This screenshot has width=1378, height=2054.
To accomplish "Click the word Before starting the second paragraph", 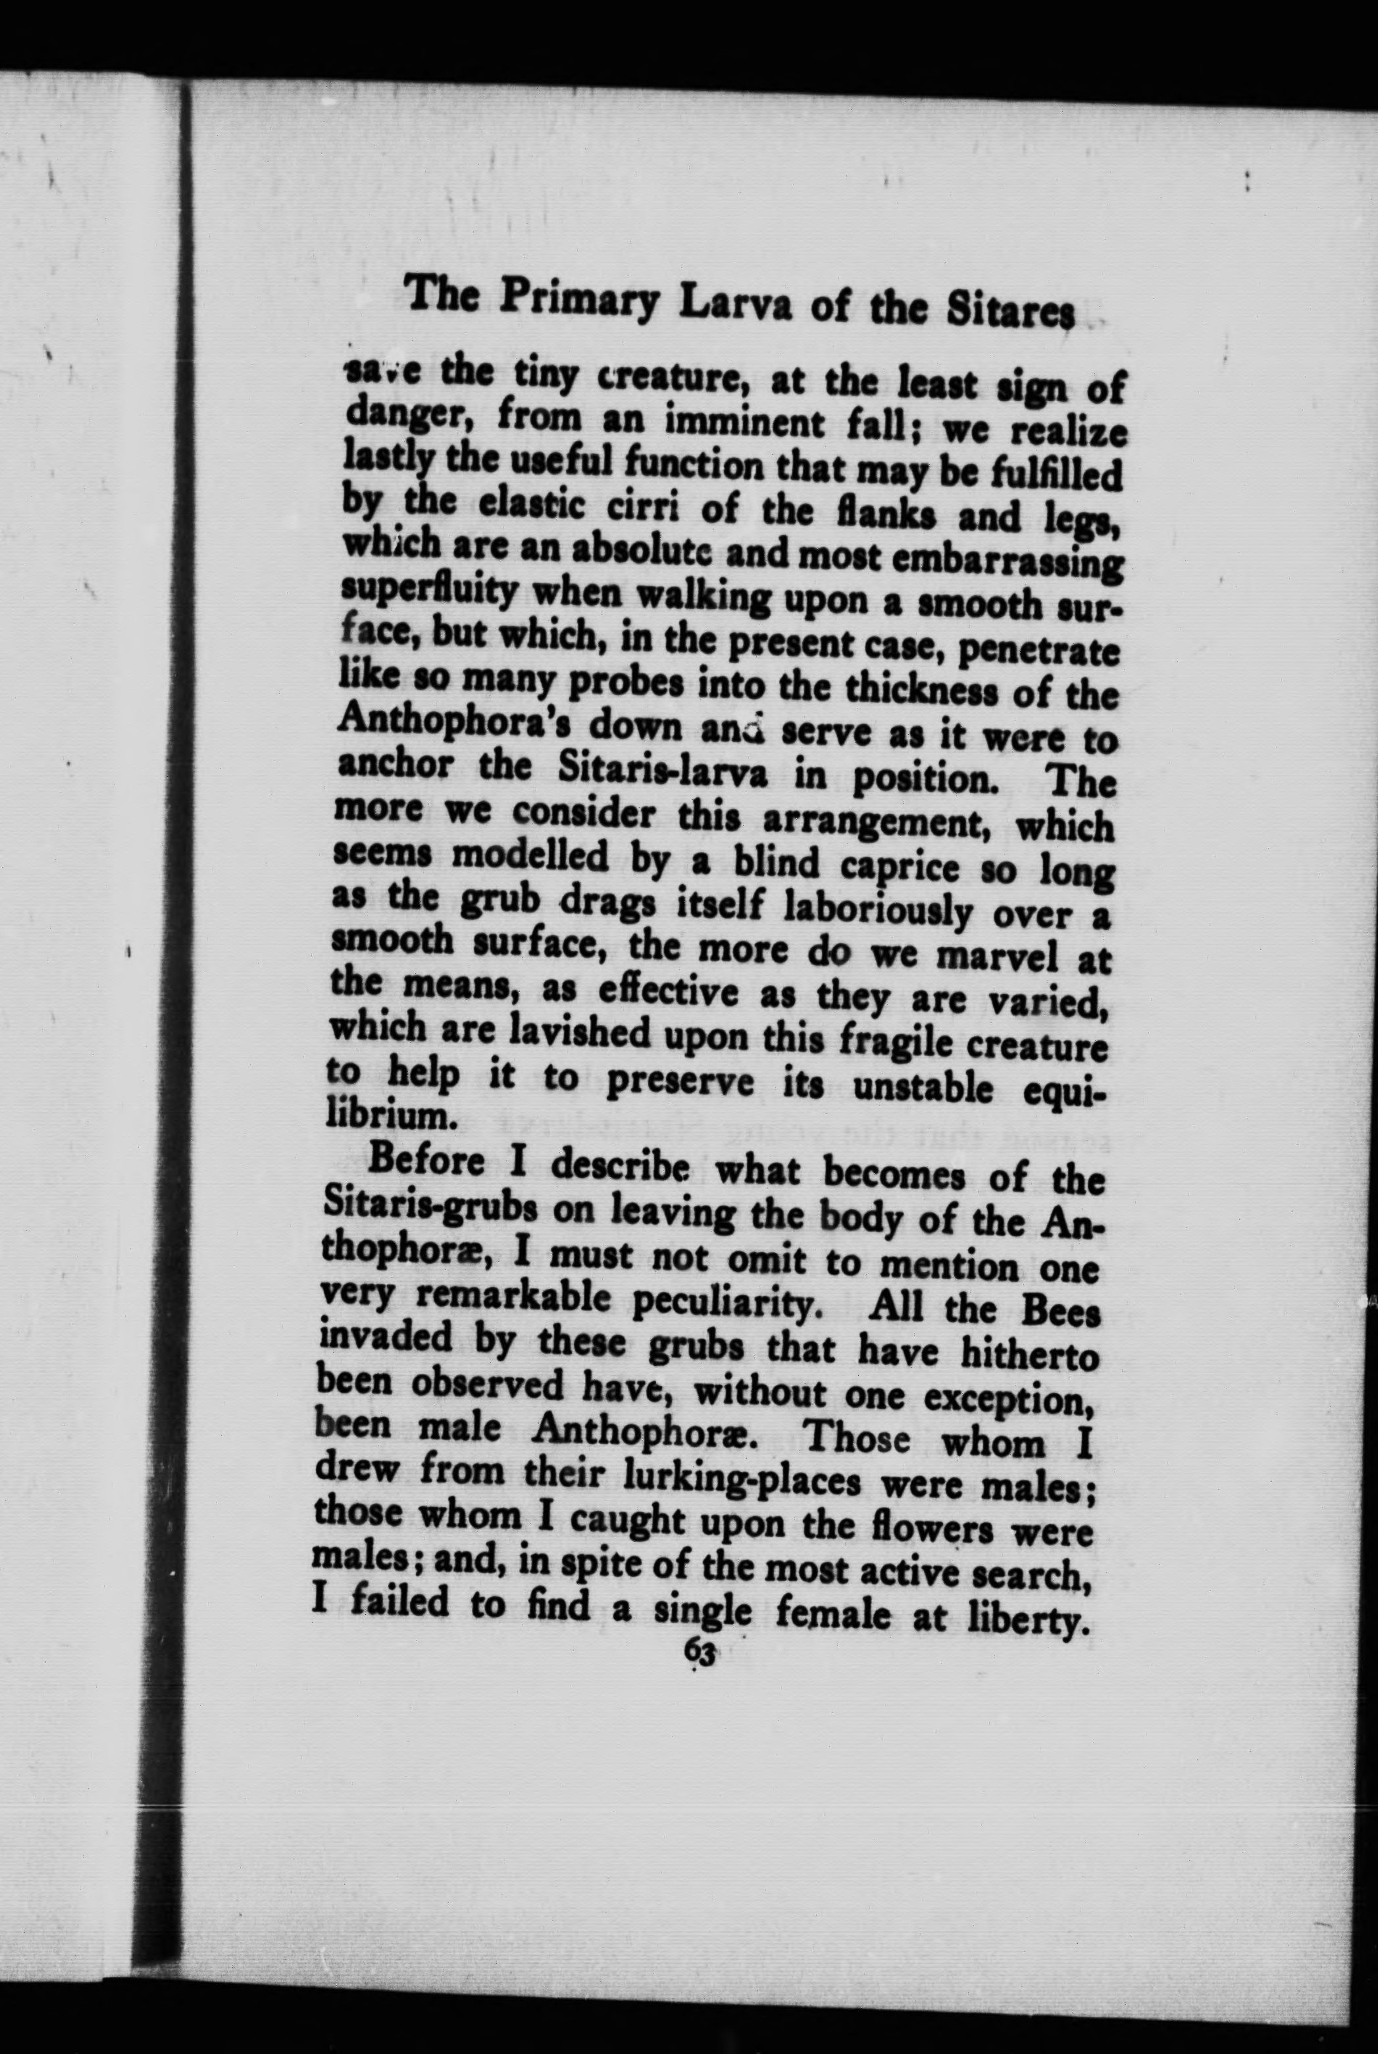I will pos(427,1162).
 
